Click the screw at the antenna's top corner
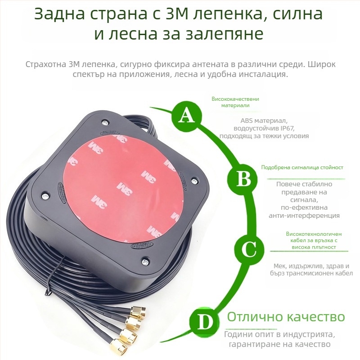point(105,122)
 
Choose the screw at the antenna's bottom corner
point(144,261)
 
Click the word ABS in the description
point(247,121)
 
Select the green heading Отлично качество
point(286,317)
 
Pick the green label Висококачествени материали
point(235,102)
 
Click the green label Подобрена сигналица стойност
point(302,167)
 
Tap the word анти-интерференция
point(304,215)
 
